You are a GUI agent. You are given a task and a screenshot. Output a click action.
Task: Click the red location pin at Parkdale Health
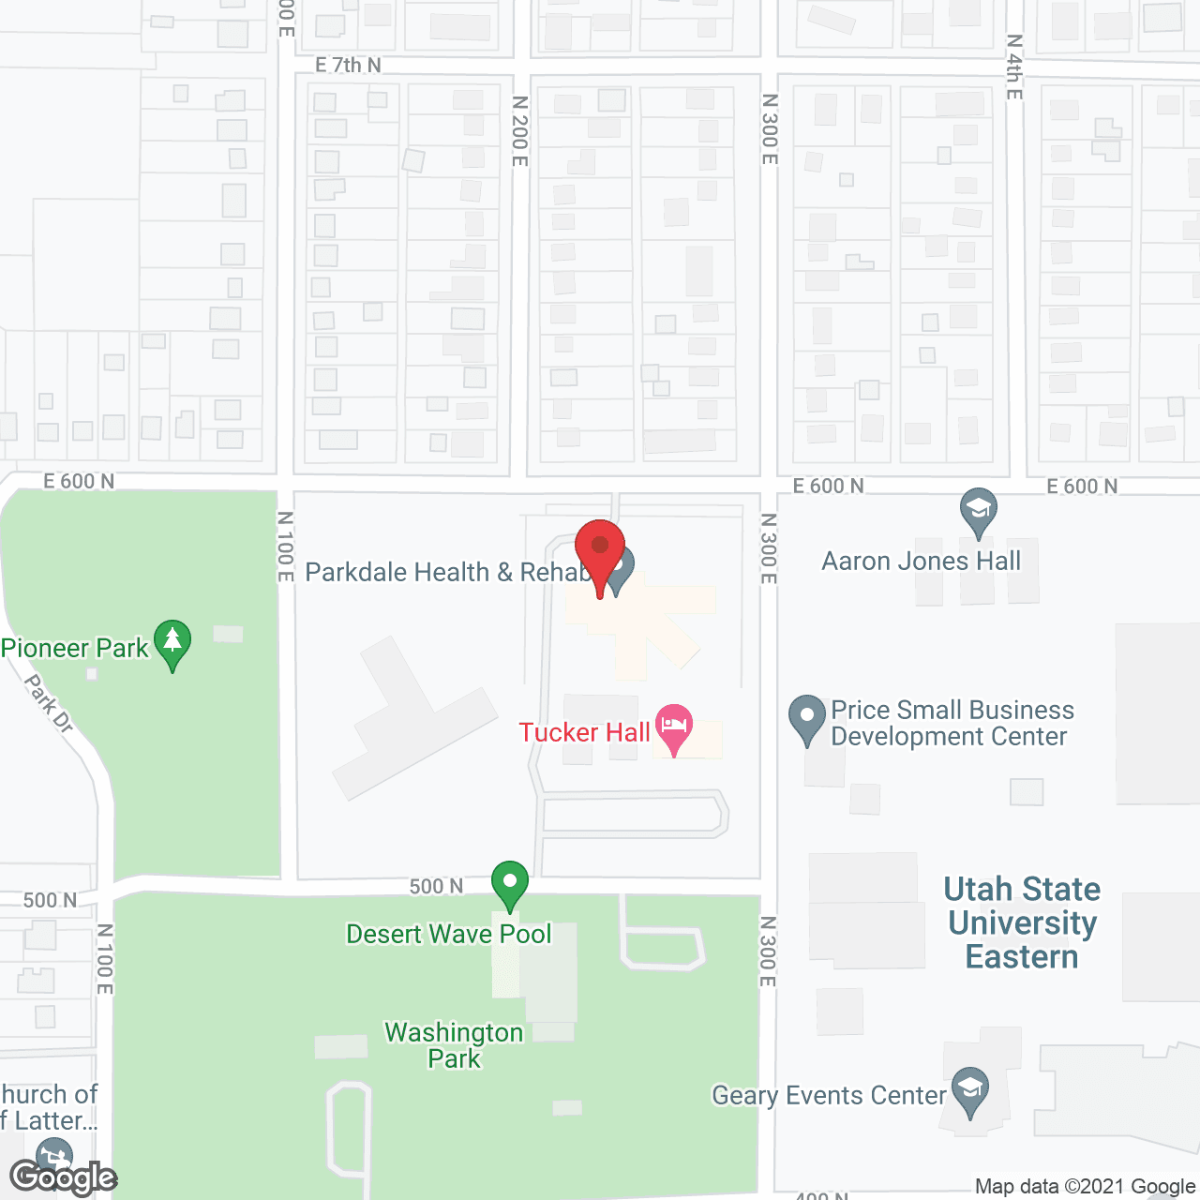(600, 549)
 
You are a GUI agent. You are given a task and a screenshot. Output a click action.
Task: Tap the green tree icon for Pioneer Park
(172, 643)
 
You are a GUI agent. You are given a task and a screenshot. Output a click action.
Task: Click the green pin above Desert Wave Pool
(509, 884)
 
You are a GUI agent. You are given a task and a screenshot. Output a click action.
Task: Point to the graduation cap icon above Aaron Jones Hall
(979, 511)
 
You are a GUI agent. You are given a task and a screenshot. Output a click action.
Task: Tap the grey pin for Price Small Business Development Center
(806, 718)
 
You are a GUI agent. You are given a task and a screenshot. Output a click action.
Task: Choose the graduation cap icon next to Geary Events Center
(970, 1090)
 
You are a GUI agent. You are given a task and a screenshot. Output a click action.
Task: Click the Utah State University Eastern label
(1022, 922)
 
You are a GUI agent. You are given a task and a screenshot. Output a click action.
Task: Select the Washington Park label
(455, 1045)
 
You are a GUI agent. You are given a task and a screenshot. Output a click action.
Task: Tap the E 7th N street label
(348, 65)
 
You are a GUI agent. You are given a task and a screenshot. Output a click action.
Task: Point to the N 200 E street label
(520, 131)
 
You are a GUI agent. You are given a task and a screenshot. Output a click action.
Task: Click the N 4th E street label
(1014, 67)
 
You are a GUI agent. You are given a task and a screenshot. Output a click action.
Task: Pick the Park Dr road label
(49, 702)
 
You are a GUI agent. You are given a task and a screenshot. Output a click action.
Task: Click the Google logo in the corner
(63, 1177)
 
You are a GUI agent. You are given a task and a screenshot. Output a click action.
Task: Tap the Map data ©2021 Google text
(1086, 1186)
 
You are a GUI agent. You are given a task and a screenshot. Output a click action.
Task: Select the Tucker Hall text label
(584, 732)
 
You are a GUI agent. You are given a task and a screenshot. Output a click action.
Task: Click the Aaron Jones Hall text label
(921, 561)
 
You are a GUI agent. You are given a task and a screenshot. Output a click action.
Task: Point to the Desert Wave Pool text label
(449, 934)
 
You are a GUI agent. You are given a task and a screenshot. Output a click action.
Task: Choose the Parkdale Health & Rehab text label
(447, 572)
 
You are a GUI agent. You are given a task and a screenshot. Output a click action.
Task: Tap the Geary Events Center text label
(829, 1095)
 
